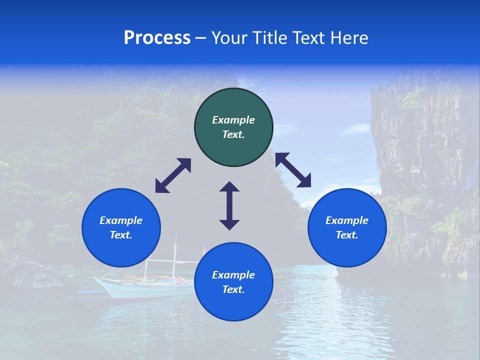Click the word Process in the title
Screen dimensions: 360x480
click(x=157, y=38)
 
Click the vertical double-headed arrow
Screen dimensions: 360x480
click(x=229, y=205)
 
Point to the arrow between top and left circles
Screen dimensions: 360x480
click(x=173, y=175)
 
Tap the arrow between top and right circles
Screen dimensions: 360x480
click(x=293, y=170)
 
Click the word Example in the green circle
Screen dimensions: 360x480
click(x=233, y=120)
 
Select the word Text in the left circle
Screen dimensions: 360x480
click(x=121, y=235)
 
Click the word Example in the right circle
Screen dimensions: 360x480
click(x=347, y=220)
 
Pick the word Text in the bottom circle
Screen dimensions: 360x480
click(x=233, y=289)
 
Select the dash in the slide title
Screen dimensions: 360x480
click(x=201, y=38)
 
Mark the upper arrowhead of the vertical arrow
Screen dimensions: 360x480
click(x=229, y=187)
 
